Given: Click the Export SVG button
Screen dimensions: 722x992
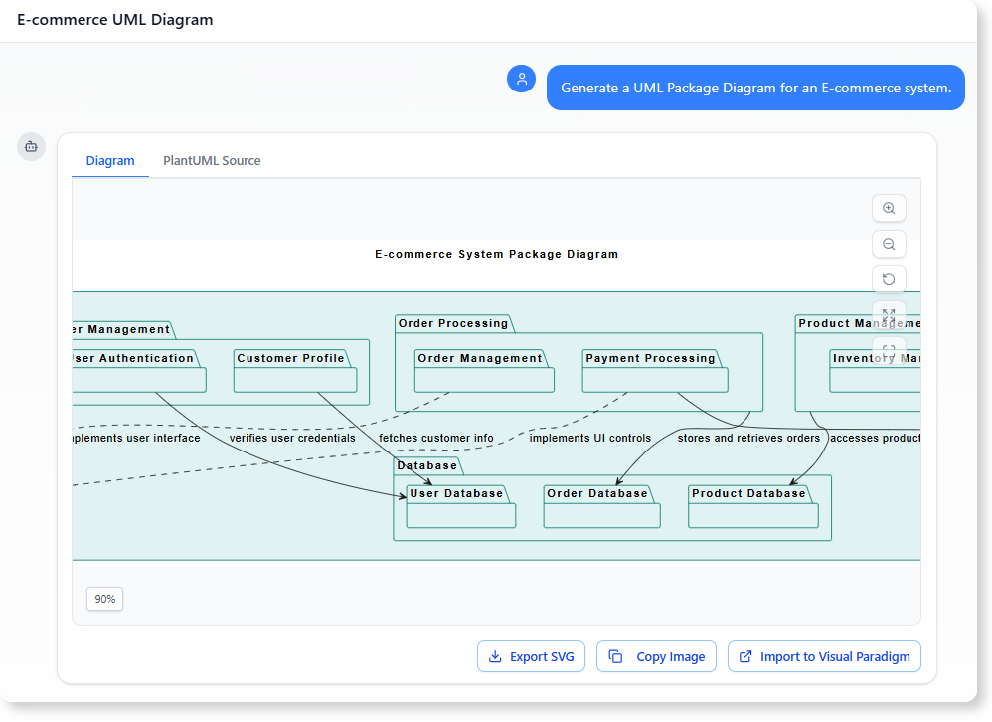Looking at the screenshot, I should [532, 656].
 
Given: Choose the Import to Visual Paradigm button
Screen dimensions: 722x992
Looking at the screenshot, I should [824, 656].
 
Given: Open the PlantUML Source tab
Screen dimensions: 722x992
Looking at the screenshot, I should [212, 160].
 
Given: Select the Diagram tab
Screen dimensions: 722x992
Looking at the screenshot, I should [110, 160].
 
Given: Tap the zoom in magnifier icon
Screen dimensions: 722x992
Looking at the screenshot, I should [889, 208].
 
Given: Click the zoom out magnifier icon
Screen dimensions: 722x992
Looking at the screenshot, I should [889, 244].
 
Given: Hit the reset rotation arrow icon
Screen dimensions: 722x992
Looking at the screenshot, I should [889, 279].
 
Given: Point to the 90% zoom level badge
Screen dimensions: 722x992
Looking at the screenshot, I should [104, 599].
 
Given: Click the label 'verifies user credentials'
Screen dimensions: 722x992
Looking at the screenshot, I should [292, 438].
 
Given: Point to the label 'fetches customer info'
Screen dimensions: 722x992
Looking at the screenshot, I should [436, 438].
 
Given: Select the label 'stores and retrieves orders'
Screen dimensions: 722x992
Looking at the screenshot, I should [748, 438].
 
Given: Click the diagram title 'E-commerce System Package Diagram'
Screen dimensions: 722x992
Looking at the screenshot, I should [496, 254].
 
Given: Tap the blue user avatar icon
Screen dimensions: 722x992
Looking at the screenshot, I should [522, 79].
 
